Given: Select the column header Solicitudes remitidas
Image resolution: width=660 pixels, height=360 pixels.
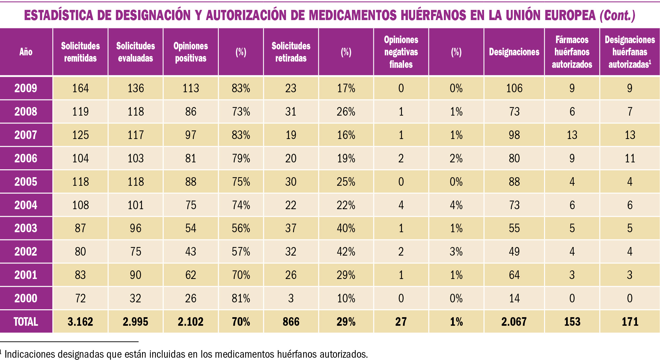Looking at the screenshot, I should [x=80, y=52].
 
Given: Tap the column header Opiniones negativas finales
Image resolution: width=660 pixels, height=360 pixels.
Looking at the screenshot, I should [x=401, y=52].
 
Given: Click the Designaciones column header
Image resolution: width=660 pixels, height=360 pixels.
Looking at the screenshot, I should [x=514, y=52].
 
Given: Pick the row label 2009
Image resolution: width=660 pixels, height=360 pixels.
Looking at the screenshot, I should [x=26, y=88].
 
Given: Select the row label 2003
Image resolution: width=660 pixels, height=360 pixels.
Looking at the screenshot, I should [x=26, y=228].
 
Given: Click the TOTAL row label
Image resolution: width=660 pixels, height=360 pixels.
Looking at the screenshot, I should [x=26, y=322].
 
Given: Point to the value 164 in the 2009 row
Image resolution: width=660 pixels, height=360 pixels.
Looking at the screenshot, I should [x=80, y=88].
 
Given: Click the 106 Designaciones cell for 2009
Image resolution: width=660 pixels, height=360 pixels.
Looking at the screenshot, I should [x=514, y=88].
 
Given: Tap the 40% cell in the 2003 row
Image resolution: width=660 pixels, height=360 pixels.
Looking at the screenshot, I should [x=346, y=228].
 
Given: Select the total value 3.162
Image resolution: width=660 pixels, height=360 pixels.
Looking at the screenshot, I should [x=80, y=322].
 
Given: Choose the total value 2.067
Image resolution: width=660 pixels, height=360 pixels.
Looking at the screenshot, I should [x=514, y=322].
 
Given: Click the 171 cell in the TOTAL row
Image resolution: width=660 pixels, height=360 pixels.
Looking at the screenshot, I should [x=630, y=322].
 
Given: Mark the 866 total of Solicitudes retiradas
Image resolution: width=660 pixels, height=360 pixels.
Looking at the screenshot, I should [x=291, y=322].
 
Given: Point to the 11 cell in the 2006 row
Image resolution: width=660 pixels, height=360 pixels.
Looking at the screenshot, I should [x=630, y=158].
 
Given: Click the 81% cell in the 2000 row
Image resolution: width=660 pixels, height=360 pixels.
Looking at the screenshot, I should [x=241, y=298].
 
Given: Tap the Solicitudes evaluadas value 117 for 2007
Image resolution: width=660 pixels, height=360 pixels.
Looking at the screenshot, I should [x=135, y=135].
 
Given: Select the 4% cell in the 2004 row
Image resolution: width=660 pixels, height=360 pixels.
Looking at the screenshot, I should [x=456, y=205].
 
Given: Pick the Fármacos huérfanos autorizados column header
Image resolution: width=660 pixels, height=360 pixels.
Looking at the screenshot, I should [x=572, y=52].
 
